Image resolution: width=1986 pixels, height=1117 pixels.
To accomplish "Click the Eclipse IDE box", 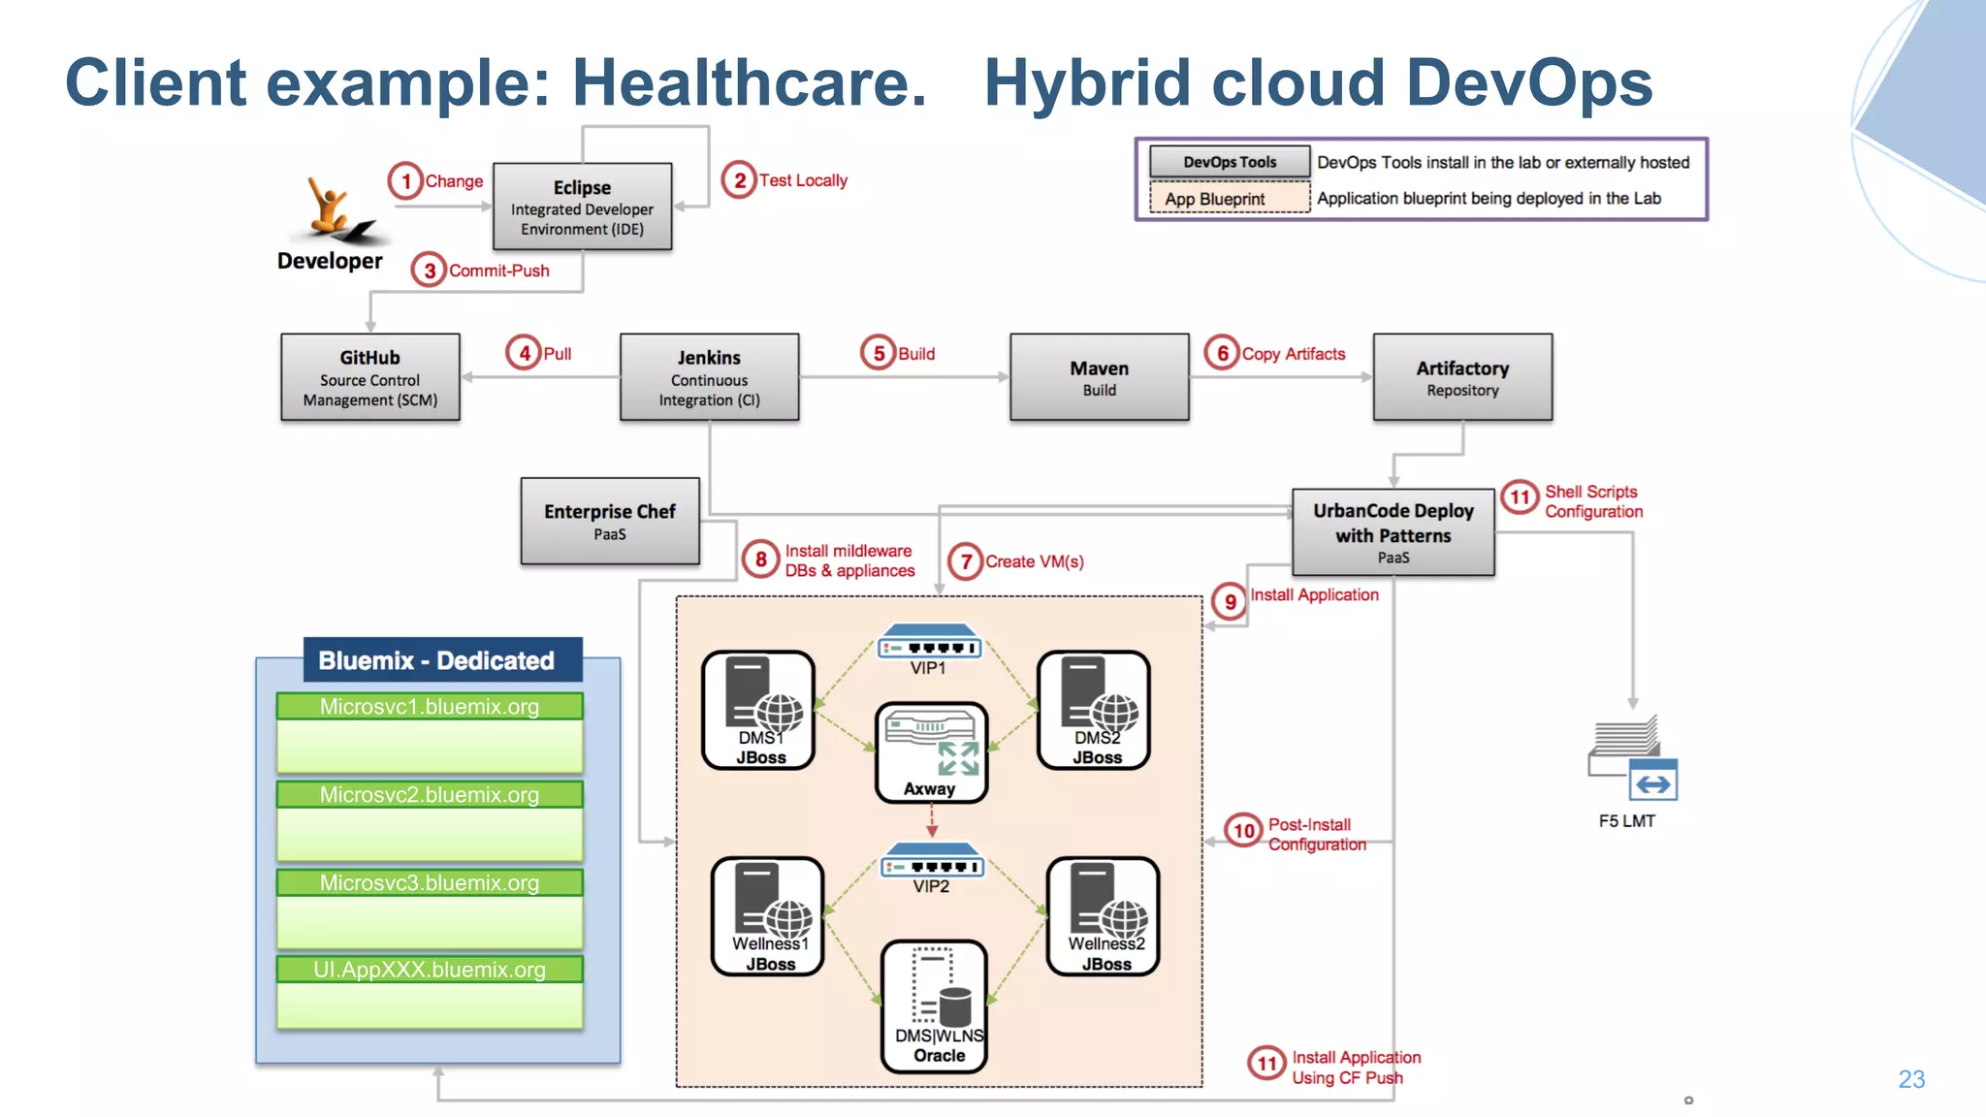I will pos(582,207).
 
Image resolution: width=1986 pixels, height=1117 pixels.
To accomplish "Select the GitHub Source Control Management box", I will pos(369,377).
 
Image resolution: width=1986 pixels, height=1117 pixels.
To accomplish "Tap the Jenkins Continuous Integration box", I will pos(709,377).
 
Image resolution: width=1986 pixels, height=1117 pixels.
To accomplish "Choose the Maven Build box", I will pos(1099,377).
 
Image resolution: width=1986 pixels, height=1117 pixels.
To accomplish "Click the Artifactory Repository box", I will pos(1461,377).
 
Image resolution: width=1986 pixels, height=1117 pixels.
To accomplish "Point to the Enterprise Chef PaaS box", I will pos(609,521).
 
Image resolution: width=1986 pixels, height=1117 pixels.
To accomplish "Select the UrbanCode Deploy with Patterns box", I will pos(1393,532).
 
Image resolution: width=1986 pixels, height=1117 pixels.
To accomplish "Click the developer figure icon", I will pos(335,209).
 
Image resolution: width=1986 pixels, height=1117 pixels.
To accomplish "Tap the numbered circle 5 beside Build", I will pos(879,353).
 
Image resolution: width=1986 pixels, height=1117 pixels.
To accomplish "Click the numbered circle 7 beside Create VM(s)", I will pos(966,561).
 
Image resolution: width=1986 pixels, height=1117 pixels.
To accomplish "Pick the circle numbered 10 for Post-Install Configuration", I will pos(1243,831).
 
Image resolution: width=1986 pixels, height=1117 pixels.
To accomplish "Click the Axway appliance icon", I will pos(931,751).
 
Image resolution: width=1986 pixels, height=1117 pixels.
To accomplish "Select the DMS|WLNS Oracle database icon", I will pos(935,1005).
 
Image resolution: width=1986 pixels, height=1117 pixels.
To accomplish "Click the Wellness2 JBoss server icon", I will pos(1104,916).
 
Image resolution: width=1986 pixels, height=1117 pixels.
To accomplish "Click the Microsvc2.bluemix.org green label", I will pos(430,795).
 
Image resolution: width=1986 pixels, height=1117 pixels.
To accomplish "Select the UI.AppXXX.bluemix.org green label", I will pos(430,970).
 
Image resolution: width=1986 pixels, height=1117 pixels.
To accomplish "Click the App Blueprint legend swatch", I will pos(1229,199).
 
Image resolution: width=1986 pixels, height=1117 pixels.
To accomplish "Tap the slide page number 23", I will pos(1910,1079).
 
